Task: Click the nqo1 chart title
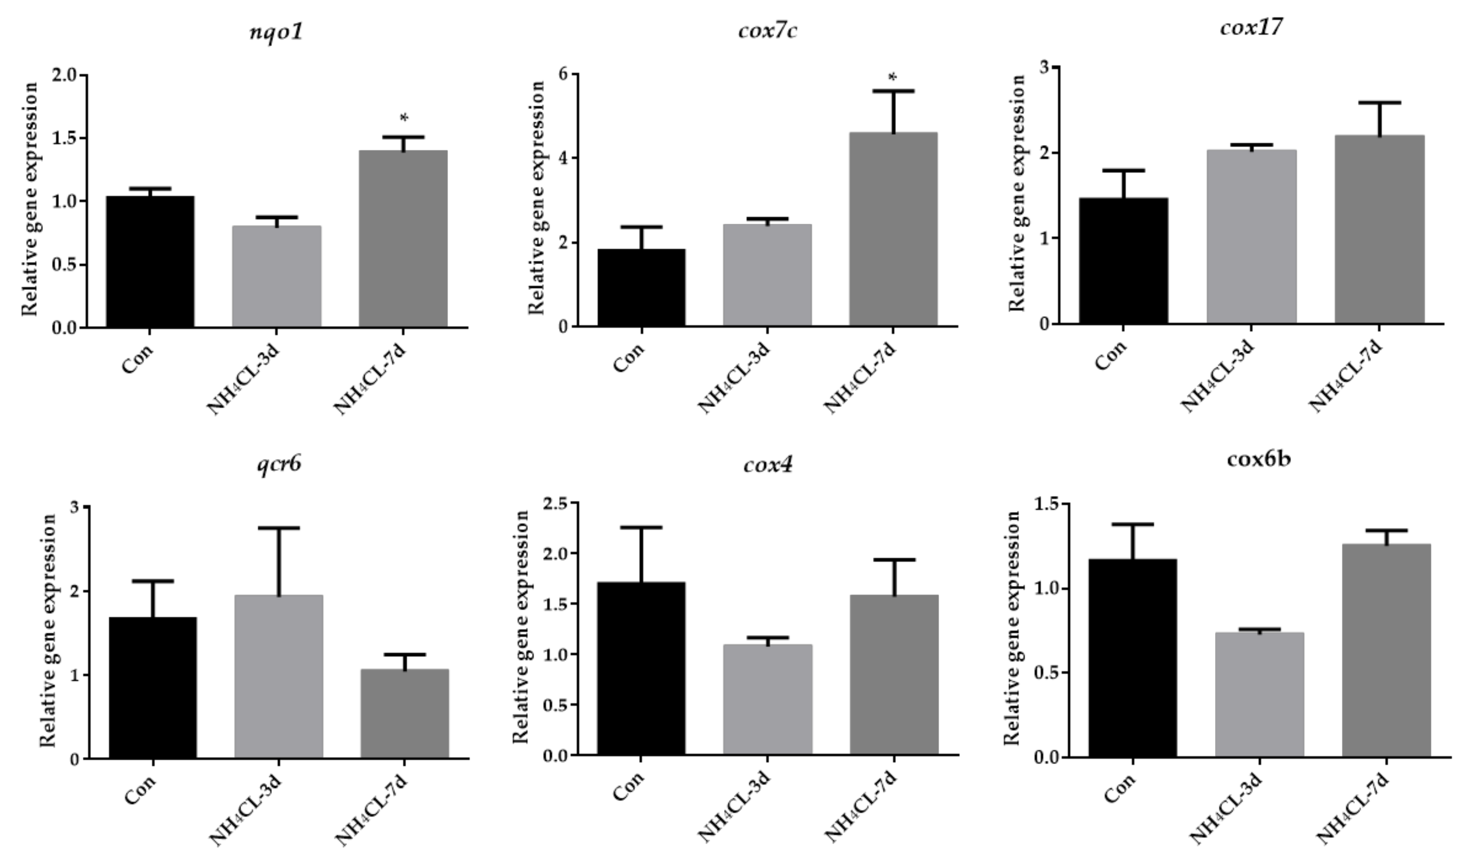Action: [276, 32]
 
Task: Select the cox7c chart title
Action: [767, 31]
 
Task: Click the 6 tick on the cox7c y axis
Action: [563, 74]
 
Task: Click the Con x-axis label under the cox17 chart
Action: [1111, 355]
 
